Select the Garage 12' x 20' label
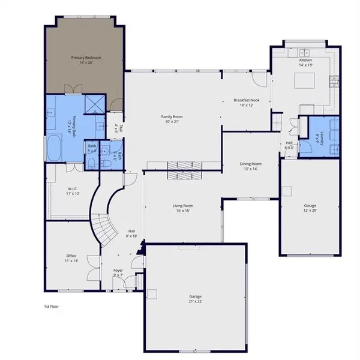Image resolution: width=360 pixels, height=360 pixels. point(310,208)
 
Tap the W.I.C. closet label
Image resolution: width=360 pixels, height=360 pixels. point(73,192)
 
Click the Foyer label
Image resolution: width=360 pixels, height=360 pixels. point(118,273)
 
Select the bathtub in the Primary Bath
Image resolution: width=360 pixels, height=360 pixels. point(54,148)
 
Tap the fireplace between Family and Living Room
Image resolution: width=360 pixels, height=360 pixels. point(184,170)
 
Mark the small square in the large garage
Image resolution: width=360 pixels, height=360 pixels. point(152,294)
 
